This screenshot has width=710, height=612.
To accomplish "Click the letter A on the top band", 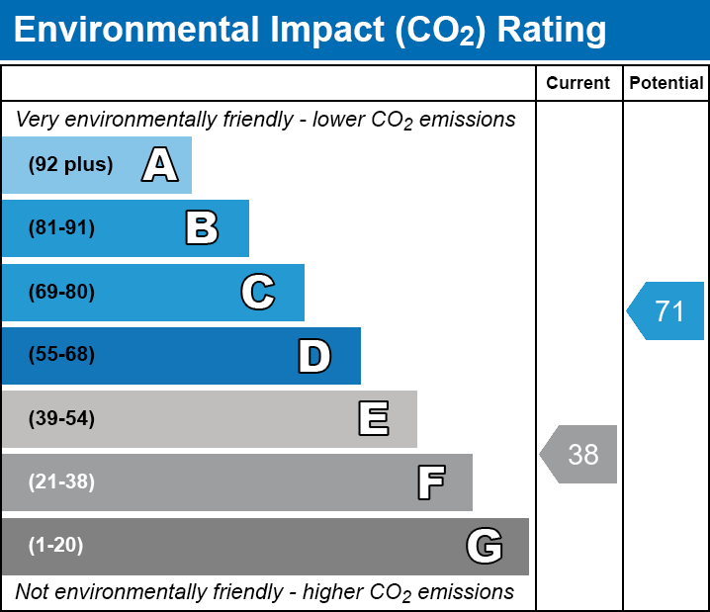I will pos(160,165).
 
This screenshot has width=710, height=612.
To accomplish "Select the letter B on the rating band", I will pos(202,228).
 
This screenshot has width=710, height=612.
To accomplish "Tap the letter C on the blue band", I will pos(257,292).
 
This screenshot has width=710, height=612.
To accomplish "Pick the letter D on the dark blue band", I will pos(314,356).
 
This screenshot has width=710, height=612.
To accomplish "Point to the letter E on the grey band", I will pos(373,419).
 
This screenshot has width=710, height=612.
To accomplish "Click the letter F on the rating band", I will pos(430,482).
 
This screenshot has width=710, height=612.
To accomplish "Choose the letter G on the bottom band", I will pos(485,546).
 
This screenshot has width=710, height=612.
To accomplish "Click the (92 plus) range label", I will pos(70,165).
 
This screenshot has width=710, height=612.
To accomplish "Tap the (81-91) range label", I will pos(61,228).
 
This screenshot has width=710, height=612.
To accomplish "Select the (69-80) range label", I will pos(61,292).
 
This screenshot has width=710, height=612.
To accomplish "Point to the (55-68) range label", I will pos(61,355).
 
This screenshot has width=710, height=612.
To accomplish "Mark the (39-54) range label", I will pos(61,419).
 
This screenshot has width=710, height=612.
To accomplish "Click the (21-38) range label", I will pos(61,482).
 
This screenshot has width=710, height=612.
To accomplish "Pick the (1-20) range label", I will pos(56,546).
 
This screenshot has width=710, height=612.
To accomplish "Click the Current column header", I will pos(578,84).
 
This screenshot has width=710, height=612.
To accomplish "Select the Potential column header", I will pos(666,84).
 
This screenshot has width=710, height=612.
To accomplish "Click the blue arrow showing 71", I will pos(666,311).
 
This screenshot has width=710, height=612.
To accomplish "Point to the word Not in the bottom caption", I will pos(32,592).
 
